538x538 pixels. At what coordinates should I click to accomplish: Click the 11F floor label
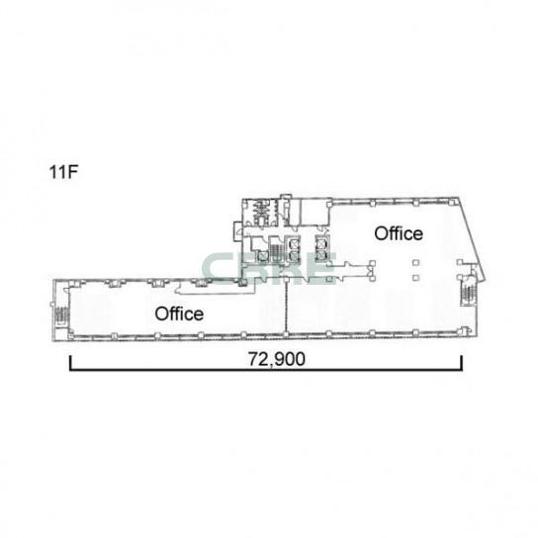[x=64, y=172]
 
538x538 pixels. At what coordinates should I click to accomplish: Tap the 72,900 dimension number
[x=277, y=359]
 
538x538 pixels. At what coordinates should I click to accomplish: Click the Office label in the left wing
[x=179, y=314]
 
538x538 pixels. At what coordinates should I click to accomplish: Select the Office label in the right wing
[x=399, y=233]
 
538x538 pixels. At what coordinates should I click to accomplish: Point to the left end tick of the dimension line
[x=70, y=364]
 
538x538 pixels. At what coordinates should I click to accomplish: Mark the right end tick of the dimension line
[x=462, y=364]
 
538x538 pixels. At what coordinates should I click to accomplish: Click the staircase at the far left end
[x=61, y=315]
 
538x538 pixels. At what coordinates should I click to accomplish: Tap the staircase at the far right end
[x=467, y=292]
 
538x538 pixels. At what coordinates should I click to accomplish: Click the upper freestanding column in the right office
[x=415, y=263]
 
